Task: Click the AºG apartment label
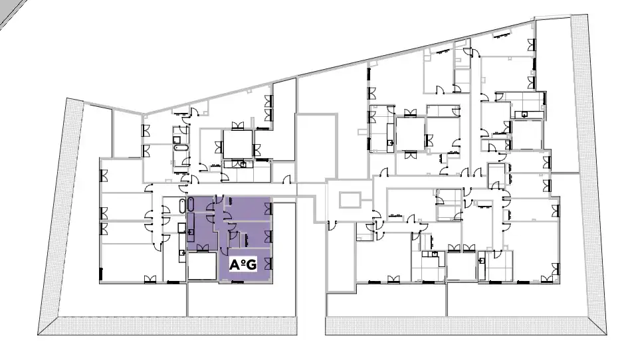243,264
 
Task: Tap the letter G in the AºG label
251,265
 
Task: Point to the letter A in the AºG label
234,265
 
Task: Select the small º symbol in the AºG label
241,262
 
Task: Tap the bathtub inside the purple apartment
191,205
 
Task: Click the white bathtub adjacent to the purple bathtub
183,205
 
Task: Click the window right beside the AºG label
268,264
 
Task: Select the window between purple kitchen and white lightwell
202,248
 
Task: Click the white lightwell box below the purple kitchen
203,266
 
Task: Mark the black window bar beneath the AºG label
237,282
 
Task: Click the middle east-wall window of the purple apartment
268,236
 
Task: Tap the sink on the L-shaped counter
435,254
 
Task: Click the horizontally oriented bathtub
181,148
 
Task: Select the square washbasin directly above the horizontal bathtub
177,139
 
